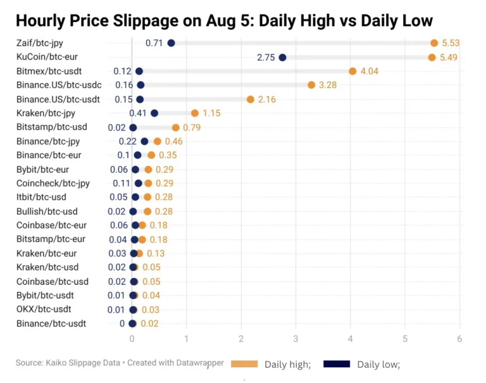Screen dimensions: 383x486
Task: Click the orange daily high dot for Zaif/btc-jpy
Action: point(434,43)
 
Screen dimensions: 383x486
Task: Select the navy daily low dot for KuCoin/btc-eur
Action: point(282,58)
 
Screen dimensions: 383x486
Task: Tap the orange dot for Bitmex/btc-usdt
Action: point(352,72)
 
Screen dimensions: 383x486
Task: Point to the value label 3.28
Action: point(327,85)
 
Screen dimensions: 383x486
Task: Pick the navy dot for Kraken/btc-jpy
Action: point(154,113)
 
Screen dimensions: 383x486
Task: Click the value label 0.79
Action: point(192,127)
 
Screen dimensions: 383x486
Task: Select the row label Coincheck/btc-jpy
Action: point(53,184)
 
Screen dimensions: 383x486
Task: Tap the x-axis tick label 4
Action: point(351,339)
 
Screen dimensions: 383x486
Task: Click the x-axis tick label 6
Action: point(459,339)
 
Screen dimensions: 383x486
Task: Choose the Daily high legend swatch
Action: point(244,364)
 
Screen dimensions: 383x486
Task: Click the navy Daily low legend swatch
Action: point(337,364)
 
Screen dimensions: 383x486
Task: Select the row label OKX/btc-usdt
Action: point(44,310)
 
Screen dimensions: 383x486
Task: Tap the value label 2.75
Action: point(266,58)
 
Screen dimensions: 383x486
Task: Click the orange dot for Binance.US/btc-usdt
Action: point(251,99)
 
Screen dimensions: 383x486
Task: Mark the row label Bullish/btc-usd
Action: point(47,211)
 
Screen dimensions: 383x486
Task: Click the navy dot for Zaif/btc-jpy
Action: point(171,43)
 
